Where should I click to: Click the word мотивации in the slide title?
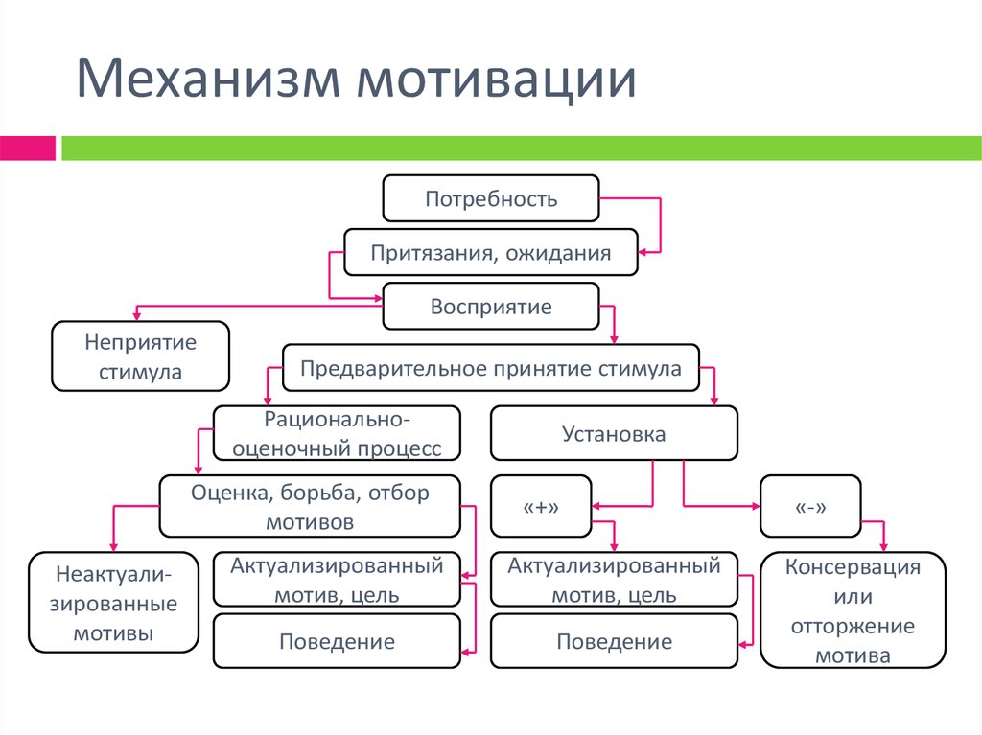coord(497,80)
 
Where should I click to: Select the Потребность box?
coord(491,199)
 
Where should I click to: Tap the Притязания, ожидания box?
coord(491,254)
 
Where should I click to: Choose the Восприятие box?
coord(491,308)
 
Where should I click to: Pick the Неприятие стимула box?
coord(140,356)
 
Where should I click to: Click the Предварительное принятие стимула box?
coord(491,368)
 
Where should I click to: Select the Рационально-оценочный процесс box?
coord(336,433)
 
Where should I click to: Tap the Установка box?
coord(614,433)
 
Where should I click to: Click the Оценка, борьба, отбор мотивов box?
coord(310,506)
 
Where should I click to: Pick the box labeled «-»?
coord(810,506)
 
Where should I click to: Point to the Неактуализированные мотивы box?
coord(114,603)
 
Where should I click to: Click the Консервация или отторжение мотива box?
coord(853,609)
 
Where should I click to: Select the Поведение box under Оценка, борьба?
coord(337,641)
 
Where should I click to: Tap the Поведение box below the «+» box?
coord(614,641)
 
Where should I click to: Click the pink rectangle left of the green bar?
coord(27,149)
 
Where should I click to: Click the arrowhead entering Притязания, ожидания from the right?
coord(644,252)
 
